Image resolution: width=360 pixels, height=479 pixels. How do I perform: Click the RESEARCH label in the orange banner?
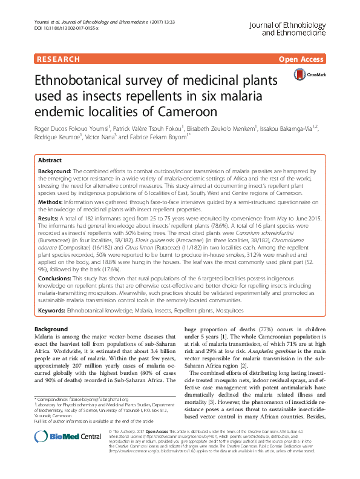(58, 59)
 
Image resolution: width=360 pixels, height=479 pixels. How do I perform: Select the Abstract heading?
(50, 160)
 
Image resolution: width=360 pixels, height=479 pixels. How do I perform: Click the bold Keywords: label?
(52, 310)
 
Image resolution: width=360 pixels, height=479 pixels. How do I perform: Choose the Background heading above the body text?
(51, 328)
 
